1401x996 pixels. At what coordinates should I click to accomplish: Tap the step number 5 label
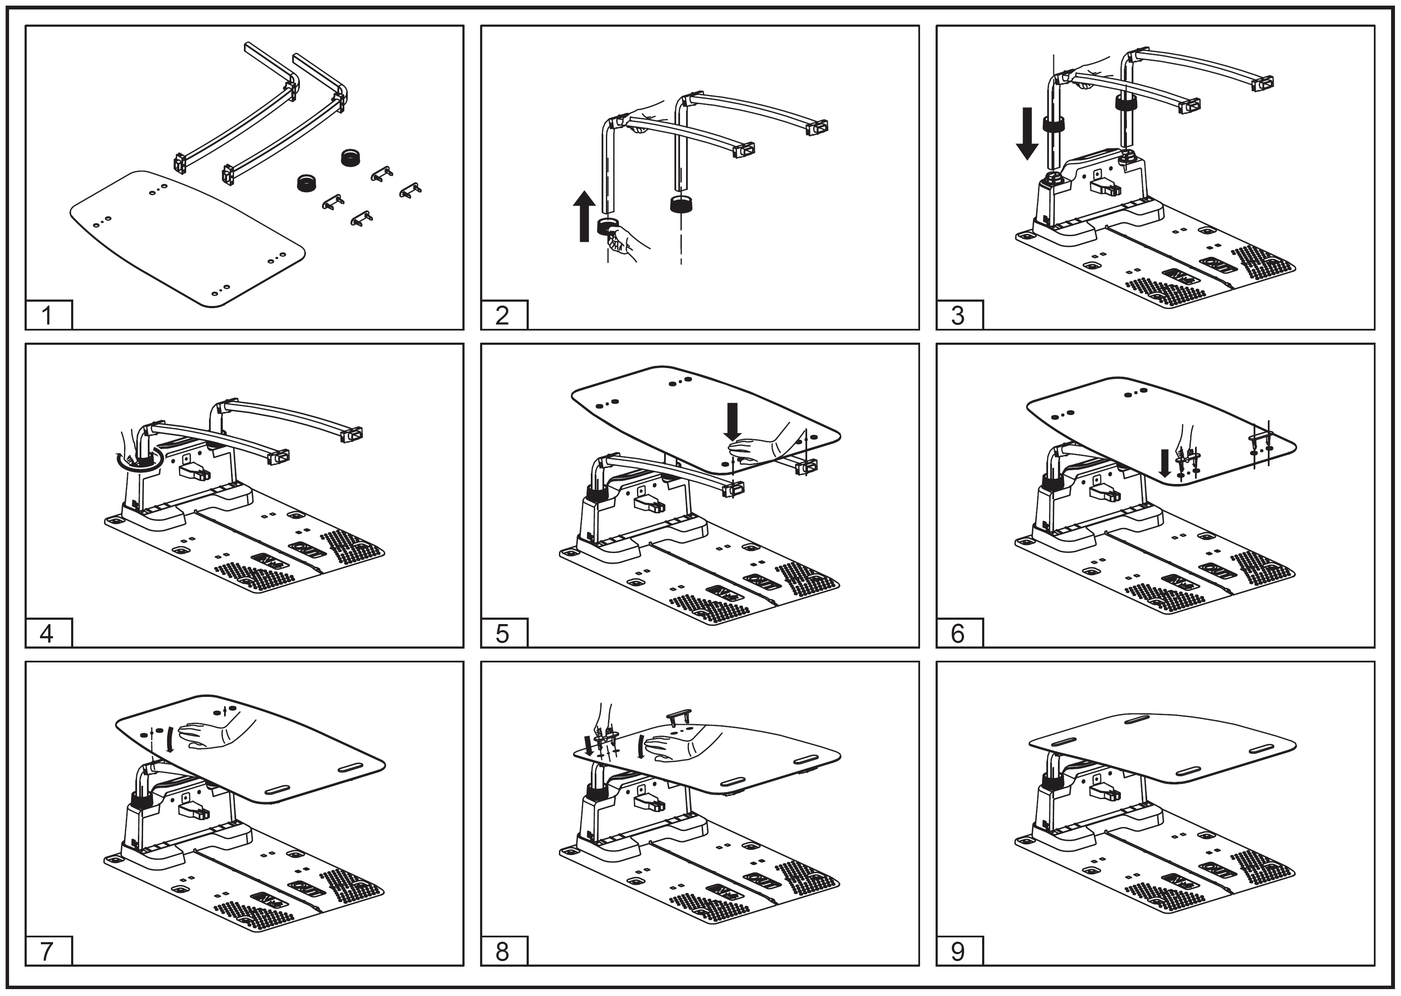tap(503, 634)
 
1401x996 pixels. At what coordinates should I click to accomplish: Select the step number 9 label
tap(958, 951)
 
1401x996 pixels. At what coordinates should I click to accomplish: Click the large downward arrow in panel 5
tap(733, 421)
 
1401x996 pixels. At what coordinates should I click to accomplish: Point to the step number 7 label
tap(48, 951)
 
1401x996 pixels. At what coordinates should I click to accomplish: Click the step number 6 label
tap(958, 634)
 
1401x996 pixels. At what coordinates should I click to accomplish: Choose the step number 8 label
tap(503, 951)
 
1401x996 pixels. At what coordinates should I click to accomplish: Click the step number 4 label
tap(48, 634)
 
